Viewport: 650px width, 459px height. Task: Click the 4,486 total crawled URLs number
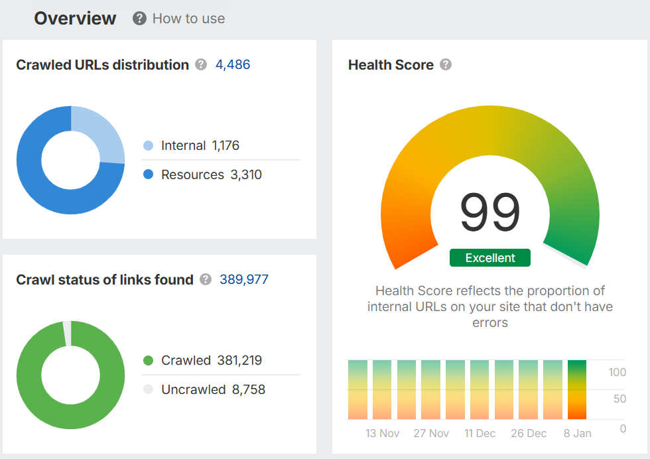pyautogui.click(x=233, y=64)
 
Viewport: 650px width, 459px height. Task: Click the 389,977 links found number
pyautogui.click(x=244, y=279)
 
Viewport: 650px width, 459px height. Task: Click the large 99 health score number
pyautogui.click(x=490, y=212)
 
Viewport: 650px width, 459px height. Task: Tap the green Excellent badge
pyautogui.click(x=490, y=258)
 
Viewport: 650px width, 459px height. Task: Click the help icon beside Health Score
pyautogui.click(x=446, y=64)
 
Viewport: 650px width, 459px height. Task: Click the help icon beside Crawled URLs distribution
pyautogui.click(x=202, y=64)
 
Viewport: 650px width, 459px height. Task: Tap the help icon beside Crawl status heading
pyautogui.click(x=206, y=279)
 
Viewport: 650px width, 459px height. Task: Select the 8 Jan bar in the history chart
pyautogui.click(x=577, y=389)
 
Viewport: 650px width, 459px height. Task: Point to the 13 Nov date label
pyautogui.click(x=383, y=433)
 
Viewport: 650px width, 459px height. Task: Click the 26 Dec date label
pyautogui.click(x=529, y=433)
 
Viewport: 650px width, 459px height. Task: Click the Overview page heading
pyautogui.click(x=75, y=19)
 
